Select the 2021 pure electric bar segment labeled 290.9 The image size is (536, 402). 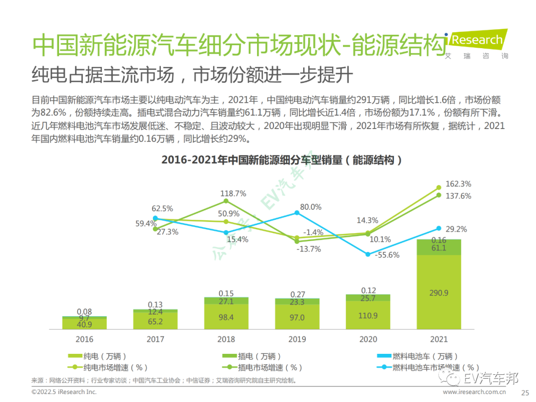[438, 293]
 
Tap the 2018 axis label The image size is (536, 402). [226, 339]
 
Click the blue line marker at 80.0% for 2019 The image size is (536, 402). [297, 212]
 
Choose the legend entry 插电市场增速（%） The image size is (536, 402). [264, 368]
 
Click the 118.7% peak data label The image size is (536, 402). [234, 194]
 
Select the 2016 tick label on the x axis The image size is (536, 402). [84, 339]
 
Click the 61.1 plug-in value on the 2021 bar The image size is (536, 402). [438, 248]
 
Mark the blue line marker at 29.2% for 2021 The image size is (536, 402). [439, 228]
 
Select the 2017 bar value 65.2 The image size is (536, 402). [155, 322]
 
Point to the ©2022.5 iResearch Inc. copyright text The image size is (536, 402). [64, 392]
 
